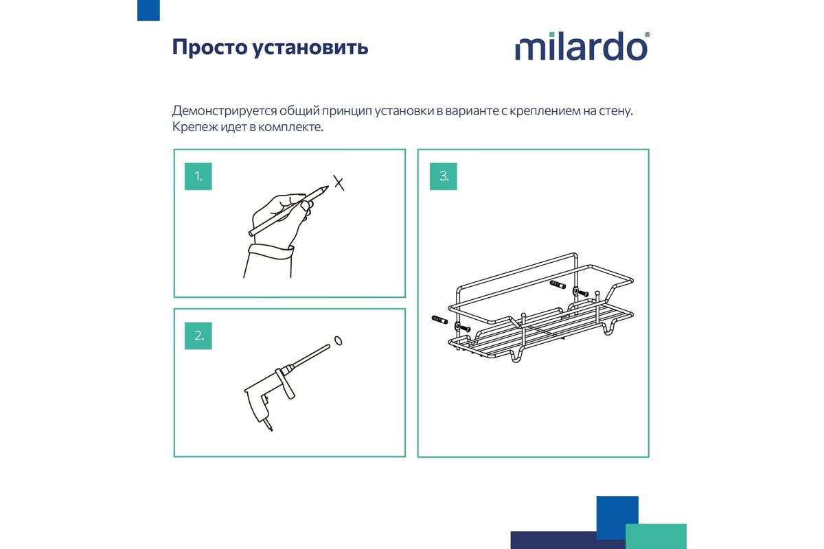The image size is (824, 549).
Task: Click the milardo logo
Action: [582, 47]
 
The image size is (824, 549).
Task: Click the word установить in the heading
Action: [310, 48]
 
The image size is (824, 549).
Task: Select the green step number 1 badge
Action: [198, 176]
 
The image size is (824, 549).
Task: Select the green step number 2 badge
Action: [198, 336]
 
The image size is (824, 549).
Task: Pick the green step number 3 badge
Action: [444, 176]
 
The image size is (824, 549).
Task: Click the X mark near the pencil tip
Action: [339, 183]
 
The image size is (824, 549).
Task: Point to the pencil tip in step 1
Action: [328, 187]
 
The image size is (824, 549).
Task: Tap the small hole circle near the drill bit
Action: [338, 341]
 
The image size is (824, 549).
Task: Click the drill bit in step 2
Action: [311, 355]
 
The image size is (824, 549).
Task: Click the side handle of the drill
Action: [286, 384]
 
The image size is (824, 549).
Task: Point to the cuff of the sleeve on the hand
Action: [271, 253]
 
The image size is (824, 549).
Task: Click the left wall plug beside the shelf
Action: [439, 320]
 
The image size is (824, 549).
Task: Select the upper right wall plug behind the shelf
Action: [558, 284]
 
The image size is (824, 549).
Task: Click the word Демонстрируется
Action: [224, 110]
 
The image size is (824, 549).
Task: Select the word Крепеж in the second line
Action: [194, 127]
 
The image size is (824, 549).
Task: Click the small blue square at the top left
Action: [148, 10]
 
